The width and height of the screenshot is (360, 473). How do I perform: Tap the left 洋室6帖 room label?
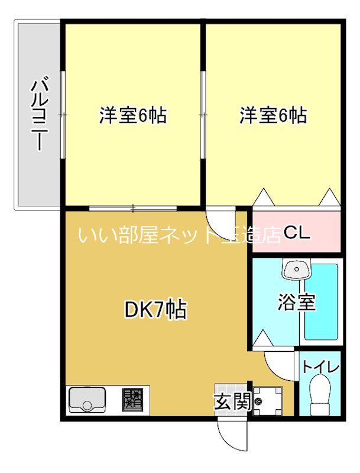pos(132,115)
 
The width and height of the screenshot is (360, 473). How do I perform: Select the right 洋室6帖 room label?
pos(273,115)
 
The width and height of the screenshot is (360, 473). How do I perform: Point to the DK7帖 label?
pos(155,309)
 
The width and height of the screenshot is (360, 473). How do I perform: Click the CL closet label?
pos(296,233)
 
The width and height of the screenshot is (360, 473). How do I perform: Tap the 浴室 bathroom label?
pos(296,302)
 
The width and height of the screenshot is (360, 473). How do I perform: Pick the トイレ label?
pos(320,367)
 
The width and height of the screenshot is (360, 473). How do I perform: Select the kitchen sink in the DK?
pos(87,399)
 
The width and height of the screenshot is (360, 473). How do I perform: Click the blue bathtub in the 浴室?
pos(320,302)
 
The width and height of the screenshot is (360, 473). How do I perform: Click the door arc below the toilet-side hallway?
pos(280,363)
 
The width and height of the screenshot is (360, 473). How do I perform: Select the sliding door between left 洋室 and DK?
pos(133,208)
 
